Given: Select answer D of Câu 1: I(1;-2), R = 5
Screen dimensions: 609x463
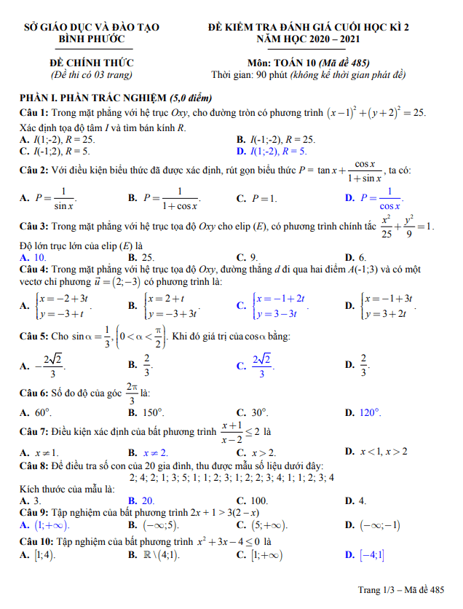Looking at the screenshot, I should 272,152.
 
